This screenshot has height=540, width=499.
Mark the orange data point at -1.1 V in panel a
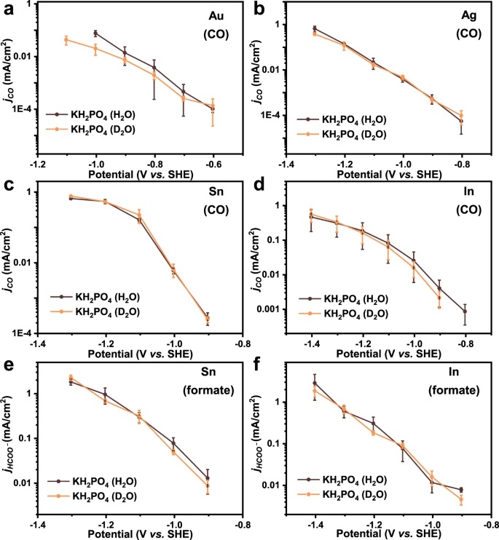click(66, 40)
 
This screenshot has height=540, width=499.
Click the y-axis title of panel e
click(9, 443)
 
